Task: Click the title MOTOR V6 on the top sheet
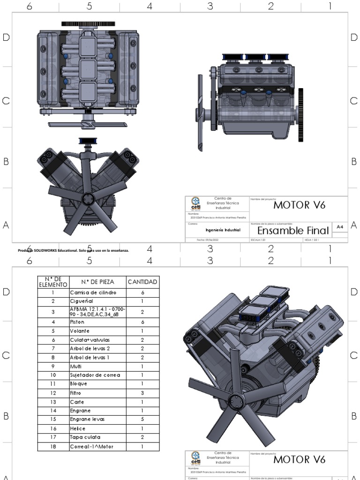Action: click(299, 205)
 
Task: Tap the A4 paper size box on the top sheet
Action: click(340, 227)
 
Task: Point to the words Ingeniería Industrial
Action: click(223, 231)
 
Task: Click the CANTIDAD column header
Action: click(142, 282)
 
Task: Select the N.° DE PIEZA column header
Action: click(97, 282)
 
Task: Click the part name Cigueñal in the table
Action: click(82, 301)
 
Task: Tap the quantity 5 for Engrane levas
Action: click(142, 419)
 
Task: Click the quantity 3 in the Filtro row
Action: click(142, 393)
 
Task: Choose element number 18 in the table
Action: click(53, 446)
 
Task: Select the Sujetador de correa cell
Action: click(95, 375)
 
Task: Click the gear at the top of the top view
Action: click(85, 23)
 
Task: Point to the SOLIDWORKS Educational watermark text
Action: click(74, 250)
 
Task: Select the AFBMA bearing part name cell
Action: click(97, 312)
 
